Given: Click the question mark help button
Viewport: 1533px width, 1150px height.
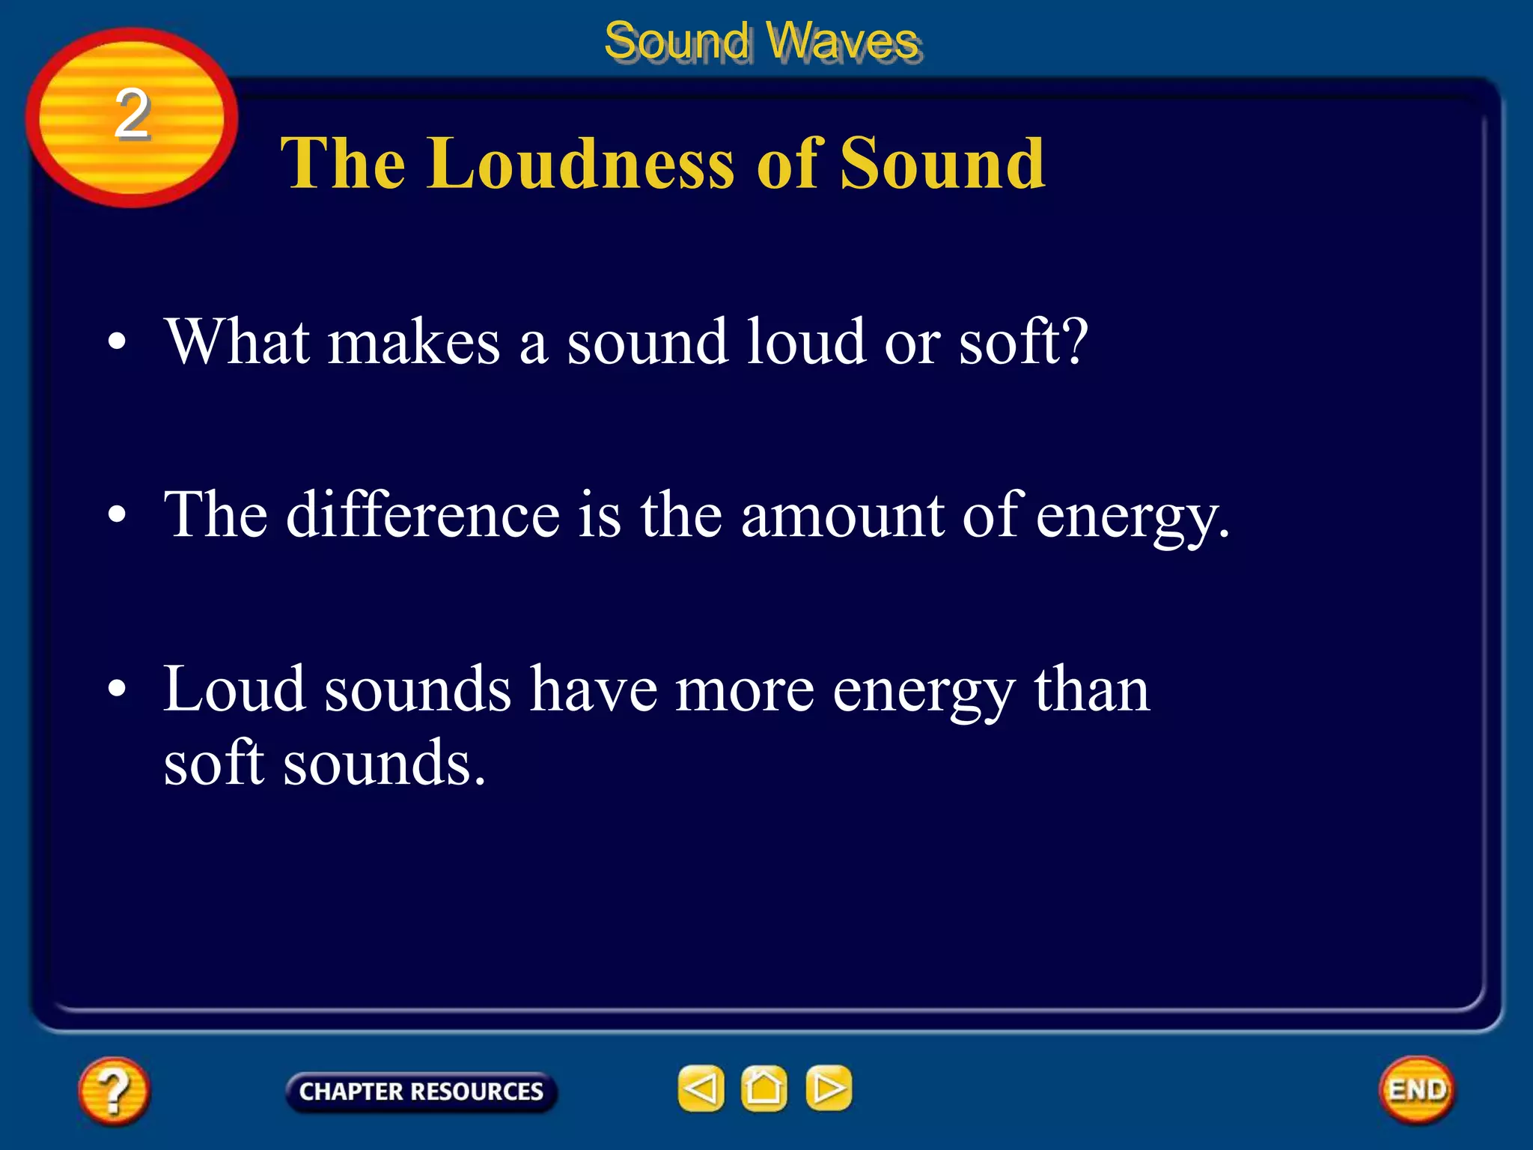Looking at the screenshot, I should pyautogui.click(x=113, y=1090).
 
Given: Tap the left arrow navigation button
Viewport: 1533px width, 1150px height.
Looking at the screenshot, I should pyautogui.click(x=701, y=1088).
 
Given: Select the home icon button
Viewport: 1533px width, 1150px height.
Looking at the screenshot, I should pyautogui.click(x=764, y=1088).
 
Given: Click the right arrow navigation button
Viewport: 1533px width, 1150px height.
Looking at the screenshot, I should pyautogui.click(x=828, y=1088).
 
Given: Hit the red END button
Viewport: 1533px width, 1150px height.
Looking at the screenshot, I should pyautogui.click(x=1416, y=1089).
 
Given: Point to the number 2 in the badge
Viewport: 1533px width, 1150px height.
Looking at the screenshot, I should pyautogui.click(x=132, y=114).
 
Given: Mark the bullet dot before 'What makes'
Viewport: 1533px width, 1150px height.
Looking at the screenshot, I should pyautogui.click(x=117, y=343).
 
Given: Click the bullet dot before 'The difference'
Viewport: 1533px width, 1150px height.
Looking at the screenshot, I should pyautogui.click(x=117, y=516).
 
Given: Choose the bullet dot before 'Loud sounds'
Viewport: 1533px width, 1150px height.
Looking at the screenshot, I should pyautogui.click(x=117, y=690).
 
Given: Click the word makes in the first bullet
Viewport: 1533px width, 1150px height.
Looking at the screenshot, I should pyautogui.click(x=414, y=343).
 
